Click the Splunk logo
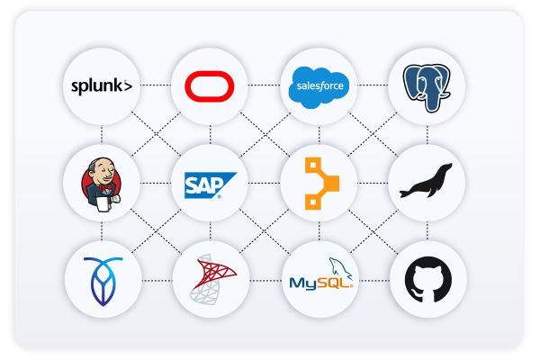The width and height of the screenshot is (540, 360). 102,86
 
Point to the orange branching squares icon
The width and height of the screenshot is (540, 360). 319,184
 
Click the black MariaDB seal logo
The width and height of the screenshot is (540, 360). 427,184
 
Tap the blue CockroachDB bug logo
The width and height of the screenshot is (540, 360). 102,279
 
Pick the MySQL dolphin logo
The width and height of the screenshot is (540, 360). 320,279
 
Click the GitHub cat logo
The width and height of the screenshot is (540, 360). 427,279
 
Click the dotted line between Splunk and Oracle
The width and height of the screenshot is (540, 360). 155,86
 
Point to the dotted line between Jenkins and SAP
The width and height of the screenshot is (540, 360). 155,184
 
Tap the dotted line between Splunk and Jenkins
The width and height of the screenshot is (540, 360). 102,135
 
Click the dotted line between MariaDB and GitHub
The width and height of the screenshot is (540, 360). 427,231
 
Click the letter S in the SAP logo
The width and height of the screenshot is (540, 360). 192,185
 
